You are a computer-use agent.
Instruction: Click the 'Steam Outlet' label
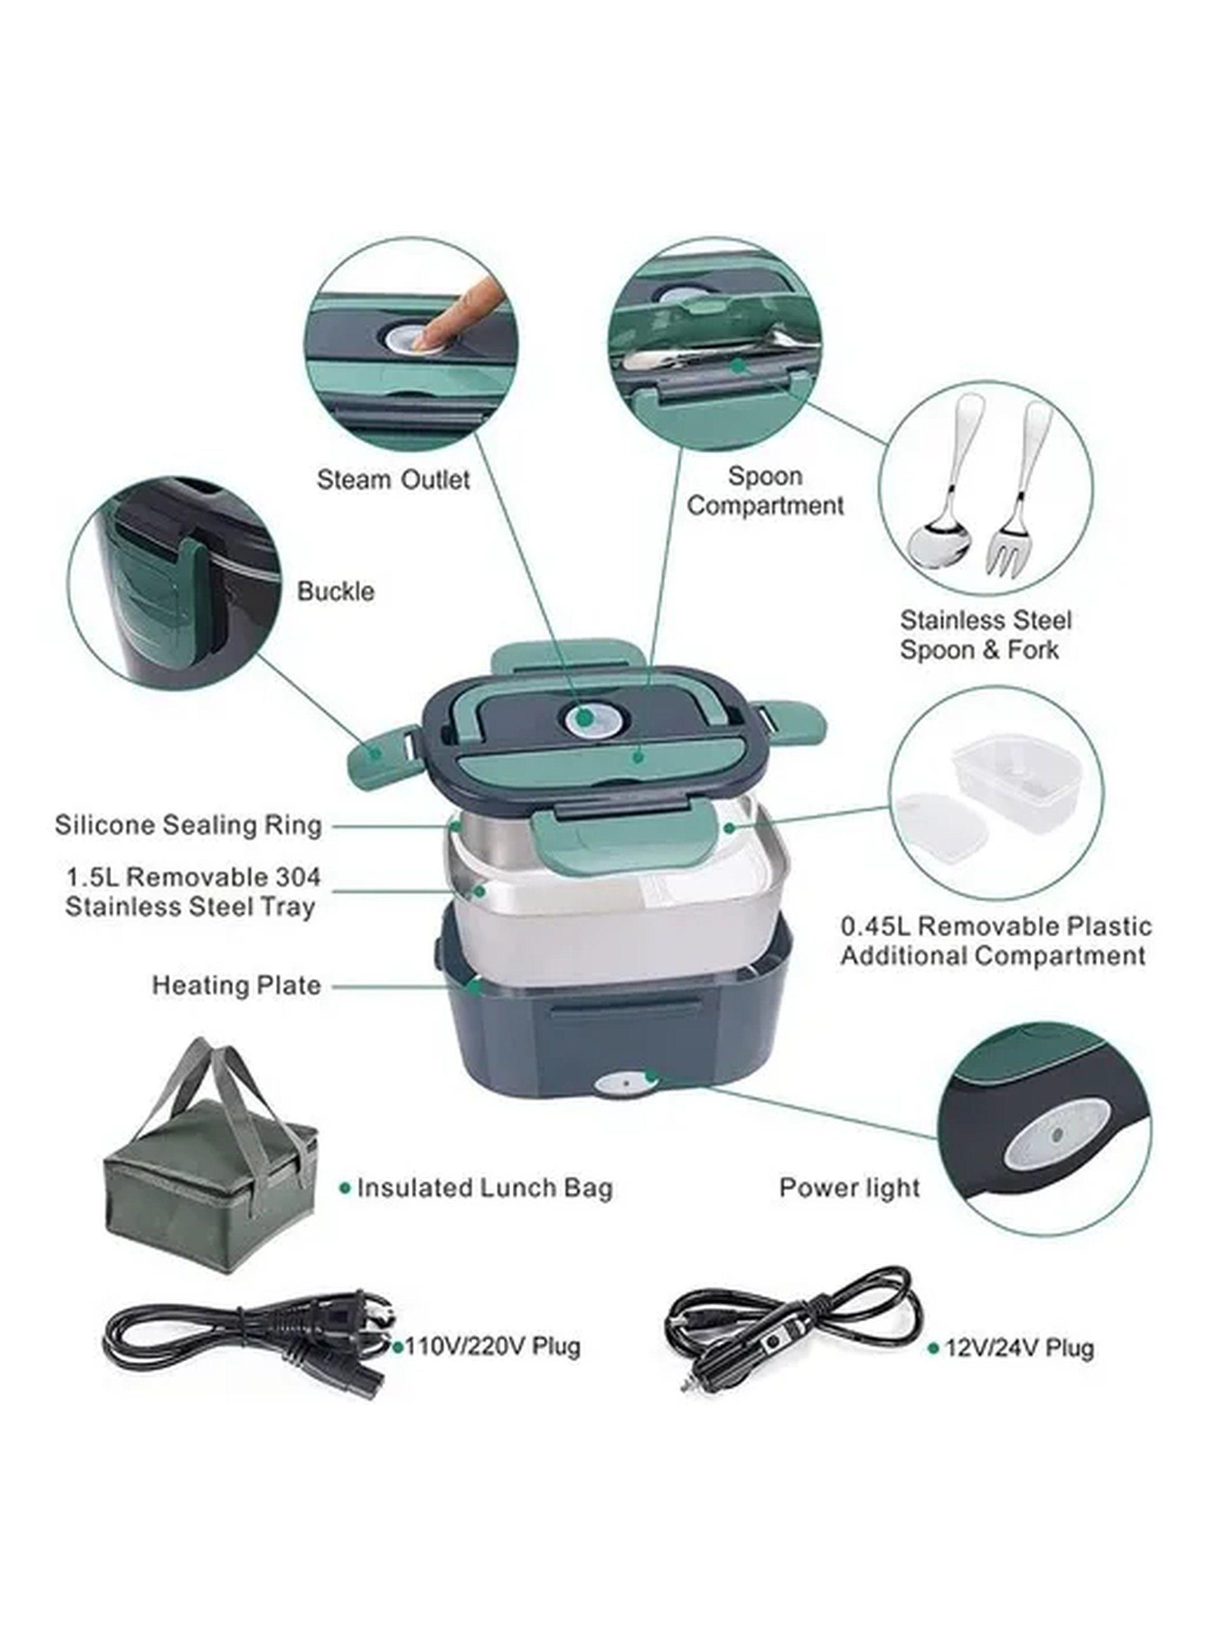[x=393, y=480]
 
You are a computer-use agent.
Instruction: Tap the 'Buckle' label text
[x=336, y=591]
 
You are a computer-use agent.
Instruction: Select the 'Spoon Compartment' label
[x=765, y=491]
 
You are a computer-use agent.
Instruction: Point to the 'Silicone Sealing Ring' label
[x=189, y=825]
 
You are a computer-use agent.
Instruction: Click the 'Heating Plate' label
[x=236, y=985]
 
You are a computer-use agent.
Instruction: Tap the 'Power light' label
[x=849, y=1187]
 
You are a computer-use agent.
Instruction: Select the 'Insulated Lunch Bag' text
[x=484, y=1187]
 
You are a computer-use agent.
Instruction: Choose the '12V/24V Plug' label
[x=1019, y=1348]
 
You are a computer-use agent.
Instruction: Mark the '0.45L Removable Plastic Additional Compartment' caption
[x=995, y=941]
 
